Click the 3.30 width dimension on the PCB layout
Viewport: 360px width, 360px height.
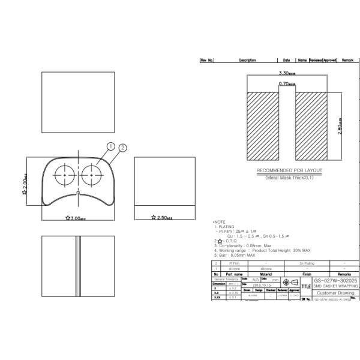pos(286,73)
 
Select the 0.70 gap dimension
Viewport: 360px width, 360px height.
pos(286,84)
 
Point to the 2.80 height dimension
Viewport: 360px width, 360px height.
pos(340,127)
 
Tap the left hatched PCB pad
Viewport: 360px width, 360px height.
pos(263,127)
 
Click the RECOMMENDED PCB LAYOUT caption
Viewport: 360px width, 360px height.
pos(289,170)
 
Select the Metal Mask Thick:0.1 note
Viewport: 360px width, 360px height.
pos(289,178)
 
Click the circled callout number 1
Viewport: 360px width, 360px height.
pos(110,146)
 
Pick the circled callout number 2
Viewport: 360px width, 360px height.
pos(123,148)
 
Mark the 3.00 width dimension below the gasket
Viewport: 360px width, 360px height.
pos(77,218)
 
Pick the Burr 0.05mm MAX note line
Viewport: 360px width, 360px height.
pos(235,255)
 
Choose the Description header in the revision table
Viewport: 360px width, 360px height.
pos(247,60)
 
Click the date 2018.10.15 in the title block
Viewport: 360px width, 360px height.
pos(247,285)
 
